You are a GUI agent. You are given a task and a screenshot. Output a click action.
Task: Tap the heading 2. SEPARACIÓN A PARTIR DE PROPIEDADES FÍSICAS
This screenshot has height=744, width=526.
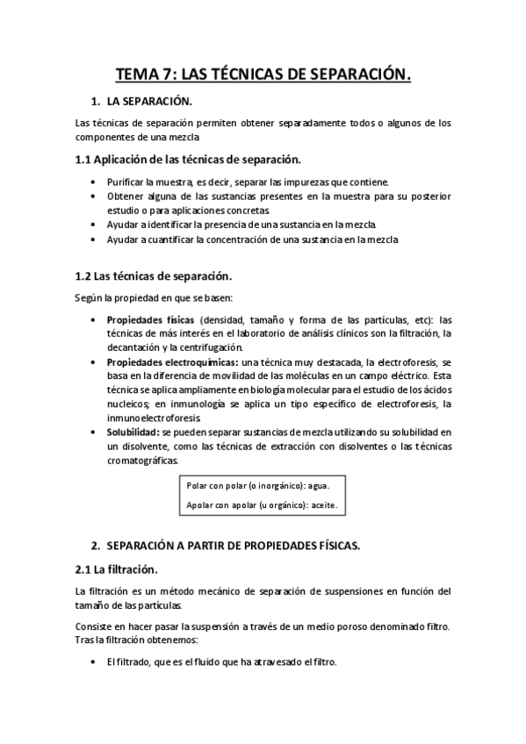coord(233,545)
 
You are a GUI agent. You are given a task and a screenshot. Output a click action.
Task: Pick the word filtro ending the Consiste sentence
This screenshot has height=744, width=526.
coord(435,626)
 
